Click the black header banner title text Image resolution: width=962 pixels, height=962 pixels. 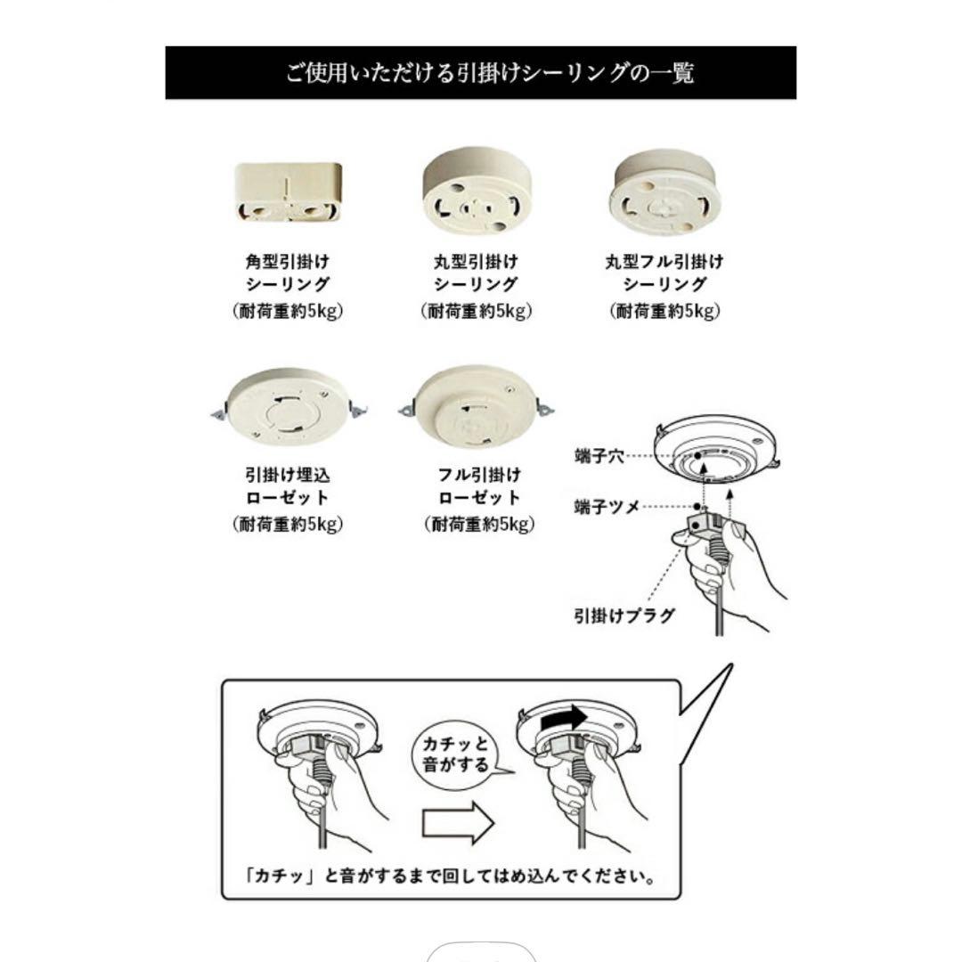489,72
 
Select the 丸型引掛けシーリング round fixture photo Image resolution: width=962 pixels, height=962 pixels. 477,192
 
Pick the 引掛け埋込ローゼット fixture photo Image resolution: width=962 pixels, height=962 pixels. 287,406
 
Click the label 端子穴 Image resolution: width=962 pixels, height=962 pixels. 598,455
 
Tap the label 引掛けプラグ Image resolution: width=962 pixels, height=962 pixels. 624,615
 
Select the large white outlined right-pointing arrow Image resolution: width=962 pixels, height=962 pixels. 457,820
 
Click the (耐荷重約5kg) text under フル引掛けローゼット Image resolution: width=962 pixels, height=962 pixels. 479,525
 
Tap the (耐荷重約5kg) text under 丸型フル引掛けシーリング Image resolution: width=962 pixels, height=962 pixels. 664,311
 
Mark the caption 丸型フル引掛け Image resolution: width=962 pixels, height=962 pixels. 664,262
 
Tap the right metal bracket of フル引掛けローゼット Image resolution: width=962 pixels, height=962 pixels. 543,410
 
